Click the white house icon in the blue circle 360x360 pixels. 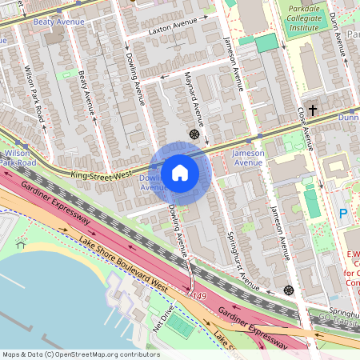(180, 172)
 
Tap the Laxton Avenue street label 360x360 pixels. (172, 32)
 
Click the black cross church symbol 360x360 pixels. (313, 109)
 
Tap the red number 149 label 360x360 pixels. (199, 296)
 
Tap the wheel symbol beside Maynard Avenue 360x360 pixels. (194, 134)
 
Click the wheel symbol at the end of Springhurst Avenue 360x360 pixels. (288, 290)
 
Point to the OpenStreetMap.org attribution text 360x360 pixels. (80, 354)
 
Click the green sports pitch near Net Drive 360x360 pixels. (182, 328)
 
